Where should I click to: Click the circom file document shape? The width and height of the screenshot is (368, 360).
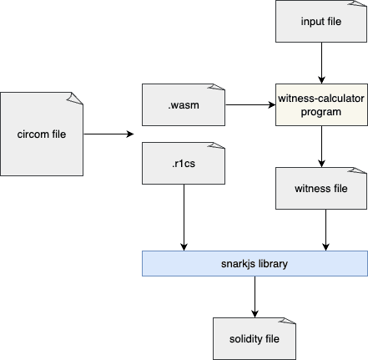point(41,134)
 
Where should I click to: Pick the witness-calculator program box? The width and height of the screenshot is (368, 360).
point(320,104)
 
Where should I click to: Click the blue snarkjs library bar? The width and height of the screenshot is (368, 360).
point(254,263)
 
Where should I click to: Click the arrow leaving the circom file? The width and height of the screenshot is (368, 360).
point(108,134)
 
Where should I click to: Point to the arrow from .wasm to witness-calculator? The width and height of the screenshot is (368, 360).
point(250,104)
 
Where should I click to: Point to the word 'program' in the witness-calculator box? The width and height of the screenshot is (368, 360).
point(320,111)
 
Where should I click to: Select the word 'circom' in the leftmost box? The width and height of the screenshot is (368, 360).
point(33,134)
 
